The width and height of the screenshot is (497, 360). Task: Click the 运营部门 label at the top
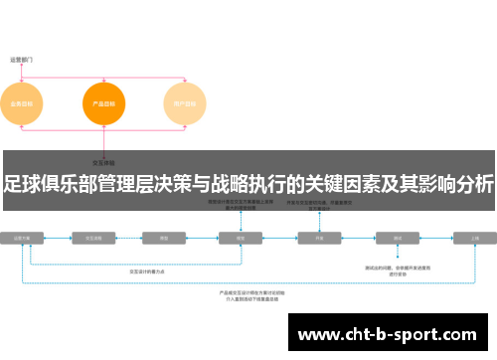(x=22, y=59)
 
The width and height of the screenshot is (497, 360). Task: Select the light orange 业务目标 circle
(x=22, y=103)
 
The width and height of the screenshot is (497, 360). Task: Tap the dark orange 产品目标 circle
(x=104, y=103)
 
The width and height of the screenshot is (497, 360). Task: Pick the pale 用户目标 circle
(x=186, y=103)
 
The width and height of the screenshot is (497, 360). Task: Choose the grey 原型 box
(x=163, y=239)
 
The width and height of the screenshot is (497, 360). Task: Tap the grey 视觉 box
(x=240, y=239)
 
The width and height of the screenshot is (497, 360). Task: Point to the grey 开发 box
(x=320, y=239)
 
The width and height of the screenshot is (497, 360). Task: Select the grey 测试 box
(x=397, y=239)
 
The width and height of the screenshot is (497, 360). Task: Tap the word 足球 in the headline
(x=26, y=183)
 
